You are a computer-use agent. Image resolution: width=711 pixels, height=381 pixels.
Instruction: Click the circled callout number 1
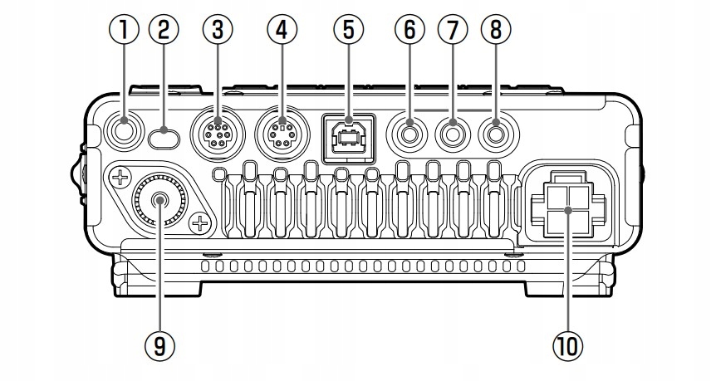[x=126, y=31]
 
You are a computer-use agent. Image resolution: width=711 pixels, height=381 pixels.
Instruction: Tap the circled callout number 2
[x=164, y=31]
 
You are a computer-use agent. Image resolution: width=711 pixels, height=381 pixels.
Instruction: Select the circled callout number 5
[x=348, y=31]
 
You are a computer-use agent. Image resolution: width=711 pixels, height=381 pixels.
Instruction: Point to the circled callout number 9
[x=159, y=342]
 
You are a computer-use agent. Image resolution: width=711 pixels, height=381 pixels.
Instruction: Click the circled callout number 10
[x=568, y=342]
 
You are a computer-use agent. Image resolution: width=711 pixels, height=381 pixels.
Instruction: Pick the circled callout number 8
[x=496, y=31]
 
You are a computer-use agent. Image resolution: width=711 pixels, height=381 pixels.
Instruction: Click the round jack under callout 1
[x=127, y=130]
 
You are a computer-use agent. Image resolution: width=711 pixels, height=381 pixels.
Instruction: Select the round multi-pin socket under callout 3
[x=218, y=132]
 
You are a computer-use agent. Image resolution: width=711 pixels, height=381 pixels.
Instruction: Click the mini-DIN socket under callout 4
[x=282, y=132]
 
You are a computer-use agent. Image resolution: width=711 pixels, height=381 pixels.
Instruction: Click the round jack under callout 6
[x=409, y=131]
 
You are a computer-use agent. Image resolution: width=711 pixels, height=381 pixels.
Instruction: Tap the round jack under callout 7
[x=453, y=131]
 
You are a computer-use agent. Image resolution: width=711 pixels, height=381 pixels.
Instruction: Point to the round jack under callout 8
[x=496, y=131]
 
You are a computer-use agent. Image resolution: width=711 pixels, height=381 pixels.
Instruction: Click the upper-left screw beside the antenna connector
[x=120, y=176]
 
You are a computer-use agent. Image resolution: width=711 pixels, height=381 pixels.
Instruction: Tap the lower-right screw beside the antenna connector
[x=199, y=223]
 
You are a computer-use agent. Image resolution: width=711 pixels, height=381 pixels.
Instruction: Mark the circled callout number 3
[x=218, y=31]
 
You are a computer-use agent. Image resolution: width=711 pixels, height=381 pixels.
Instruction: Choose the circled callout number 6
[x=409, y=31]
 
